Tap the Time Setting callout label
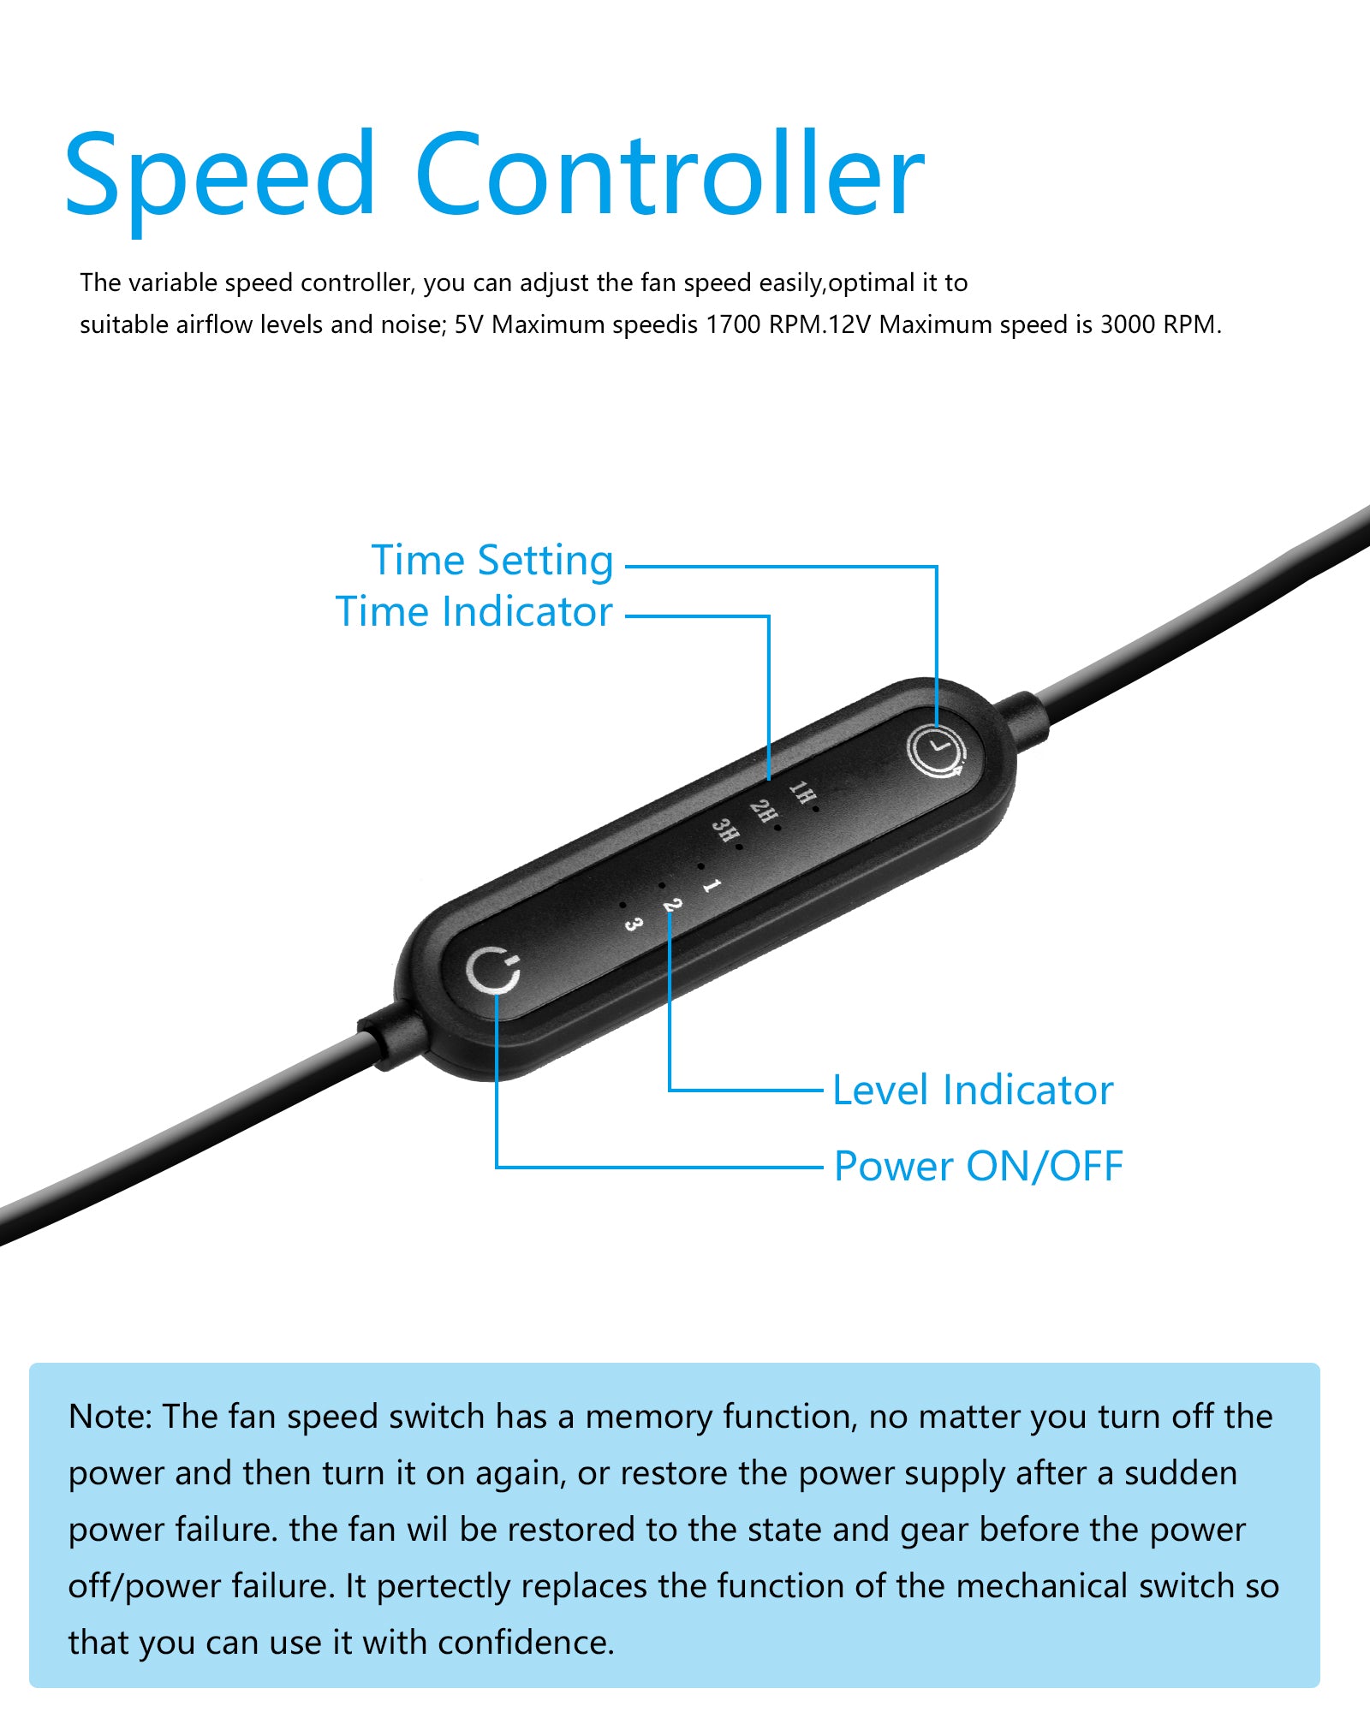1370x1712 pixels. click(492, 562)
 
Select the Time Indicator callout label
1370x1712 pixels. click(474, 612)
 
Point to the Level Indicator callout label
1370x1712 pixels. click(973, 1090)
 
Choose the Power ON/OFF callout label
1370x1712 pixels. click(978, 1166)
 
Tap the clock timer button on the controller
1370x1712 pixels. click(937, 752)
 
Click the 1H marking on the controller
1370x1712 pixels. click(802, 794)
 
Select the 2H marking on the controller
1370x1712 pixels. click(763, 813)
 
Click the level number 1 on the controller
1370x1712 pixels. click(712, 886)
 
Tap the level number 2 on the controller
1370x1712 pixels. click(672, 906)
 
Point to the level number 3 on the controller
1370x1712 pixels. click(633, 924)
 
